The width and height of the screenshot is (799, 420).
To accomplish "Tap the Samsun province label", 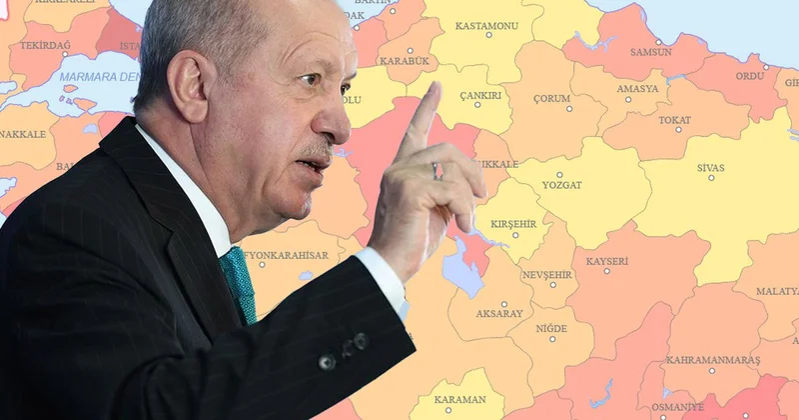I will click(x=651, y=51).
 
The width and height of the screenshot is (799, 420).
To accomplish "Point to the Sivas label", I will click(x=710, y=168).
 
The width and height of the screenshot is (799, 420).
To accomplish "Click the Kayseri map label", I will click(x=607, y=261).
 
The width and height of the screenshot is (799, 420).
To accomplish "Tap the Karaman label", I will click(x=460, y=399).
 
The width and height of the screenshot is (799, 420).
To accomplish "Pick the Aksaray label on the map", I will click(x=500, y=313).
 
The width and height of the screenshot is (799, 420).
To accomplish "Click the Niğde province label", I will click(x=550, y=328).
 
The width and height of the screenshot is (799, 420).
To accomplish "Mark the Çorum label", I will click(x=551, y=99).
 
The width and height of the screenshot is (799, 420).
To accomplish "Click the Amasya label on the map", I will click(x=637, y=89).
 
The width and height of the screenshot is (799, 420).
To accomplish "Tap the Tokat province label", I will click(x=675, y=120).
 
